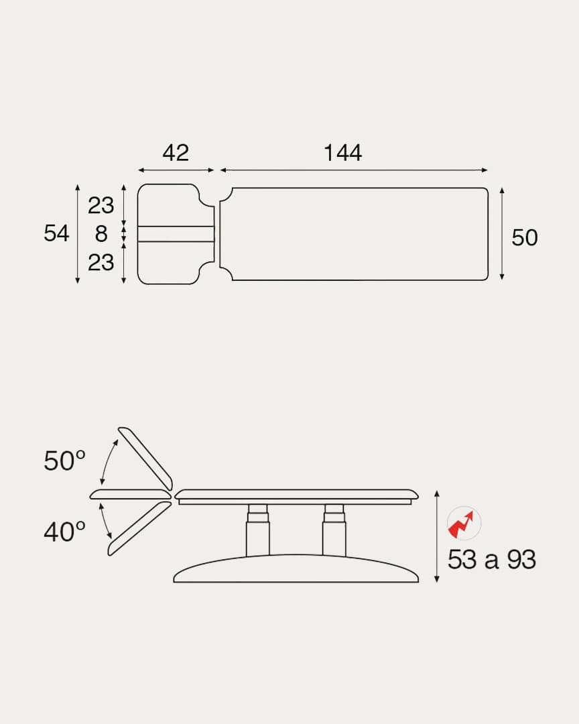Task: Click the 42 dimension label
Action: [176, 153]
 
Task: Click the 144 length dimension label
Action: [342, 153]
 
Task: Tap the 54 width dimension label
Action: [56, 233]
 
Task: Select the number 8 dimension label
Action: [101, 234]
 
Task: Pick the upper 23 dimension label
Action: [101, 206]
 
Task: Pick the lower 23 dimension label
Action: [101, 263]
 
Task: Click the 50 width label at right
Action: [525, 238]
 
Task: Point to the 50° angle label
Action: [64, 461]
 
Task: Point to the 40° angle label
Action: [64, 532]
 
